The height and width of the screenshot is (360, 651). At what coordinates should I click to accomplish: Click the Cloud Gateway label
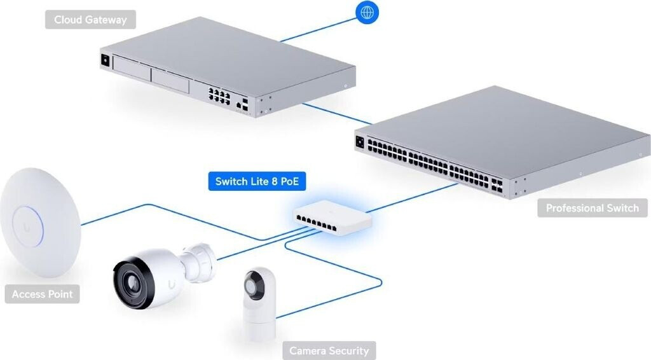(90, 20)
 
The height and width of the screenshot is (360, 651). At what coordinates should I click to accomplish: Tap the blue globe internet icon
(367, 12)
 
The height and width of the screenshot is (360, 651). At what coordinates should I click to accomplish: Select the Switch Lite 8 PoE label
(257, 182)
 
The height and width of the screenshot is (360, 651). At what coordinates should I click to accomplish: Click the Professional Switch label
(592, 208)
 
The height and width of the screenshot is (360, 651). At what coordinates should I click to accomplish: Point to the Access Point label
(43, 294)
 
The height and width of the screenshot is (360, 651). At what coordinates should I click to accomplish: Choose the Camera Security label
(329, 350)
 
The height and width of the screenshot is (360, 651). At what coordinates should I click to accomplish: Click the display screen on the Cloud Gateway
(104, 61)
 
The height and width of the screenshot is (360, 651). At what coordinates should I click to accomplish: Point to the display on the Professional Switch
(360, 142)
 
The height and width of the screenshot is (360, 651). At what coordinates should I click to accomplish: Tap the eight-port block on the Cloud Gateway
(217, 97)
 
